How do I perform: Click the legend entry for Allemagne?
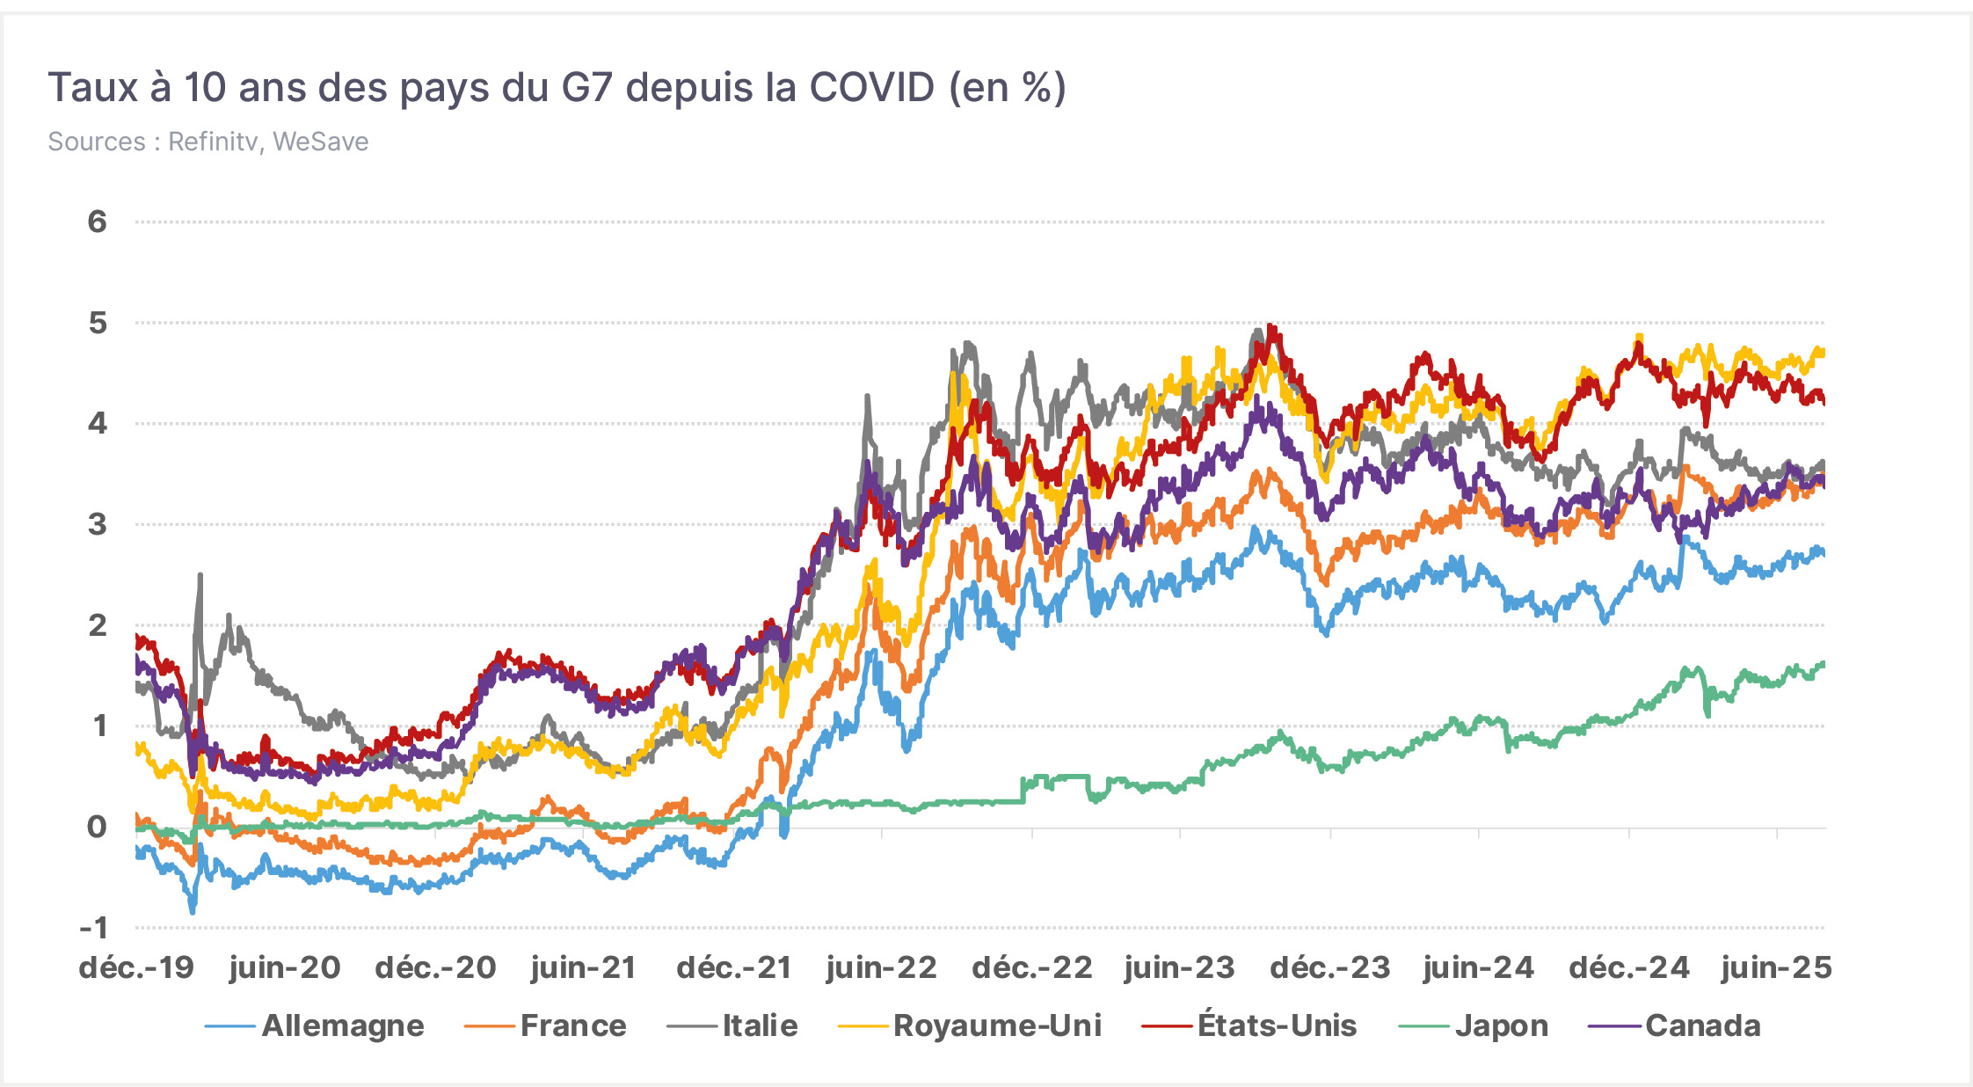tap(315, 1025)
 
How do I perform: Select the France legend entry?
tap(545, 1025)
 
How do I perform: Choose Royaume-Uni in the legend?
tap(970, 1025)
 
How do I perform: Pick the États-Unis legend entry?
tap(1249, 1025)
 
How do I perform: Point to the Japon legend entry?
tap(1474, 1026)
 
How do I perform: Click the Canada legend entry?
tap(1676, 1025)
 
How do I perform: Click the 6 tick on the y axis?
tap(97, 222)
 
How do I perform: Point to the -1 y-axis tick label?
tap(93, 927)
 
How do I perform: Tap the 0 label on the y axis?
tap(97, 827)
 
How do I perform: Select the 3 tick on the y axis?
tap(97, 524)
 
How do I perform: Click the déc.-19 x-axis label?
tap(136, 968)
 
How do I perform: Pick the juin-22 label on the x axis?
tap(882, 968)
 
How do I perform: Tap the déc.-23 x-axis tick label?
tap(1330, 968)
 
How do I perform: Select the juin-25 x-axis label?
tap(1777, 968)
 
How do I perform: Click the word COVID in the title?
tap(871, 88)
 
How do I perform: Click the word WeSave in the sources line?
tap(320, 142)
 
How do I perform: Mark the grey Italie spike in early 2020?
tap(200, 576)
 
